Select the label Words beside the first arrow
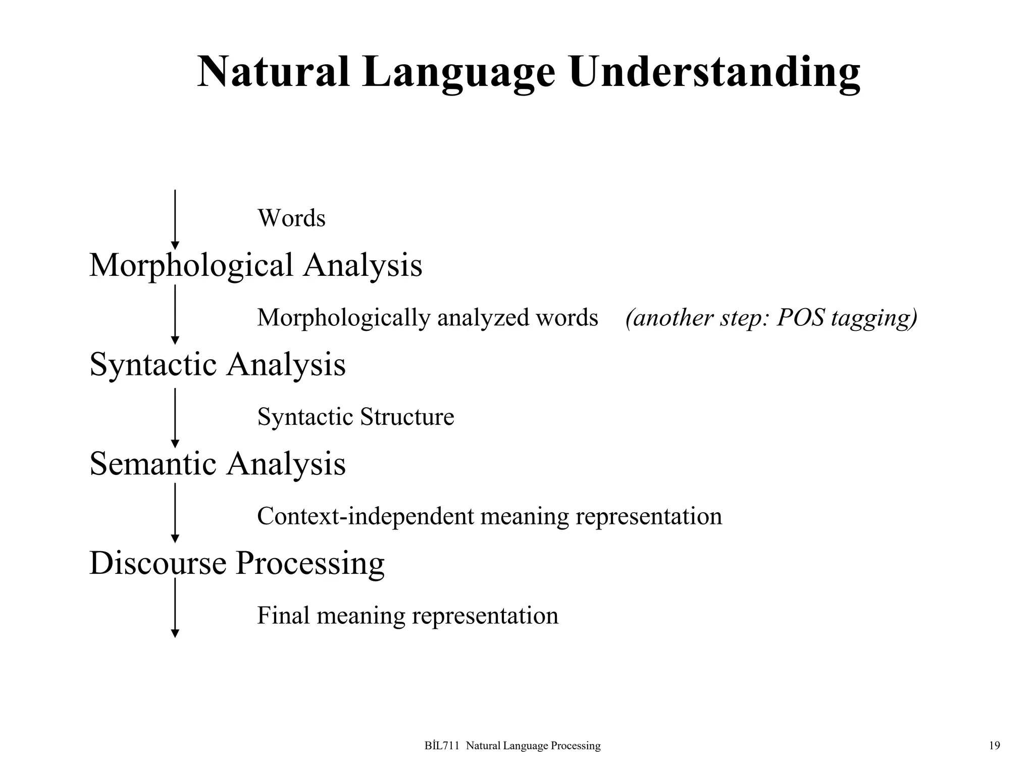click(291, 218)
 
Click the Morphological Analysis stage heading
click(255, 265)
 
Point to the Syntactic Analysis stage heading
click(218, 364)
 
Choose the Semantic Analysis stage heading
click(218, 463)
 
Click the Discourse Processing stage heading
click(237, 563)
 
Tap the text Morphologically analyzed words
click(427, 318)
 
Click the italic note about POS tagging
click(771, 318)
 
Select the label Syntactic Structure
click(355, 417)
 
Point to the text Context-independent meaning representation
click(489, 516)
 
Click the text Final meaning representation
click(407, 615)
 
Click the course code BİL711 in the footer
click(442, 746)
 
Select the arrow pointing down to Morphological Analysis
click(175, 220)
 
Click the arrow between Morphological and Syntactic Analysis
click(175, 314)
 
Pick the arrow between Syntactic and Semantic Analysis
click(175, 417)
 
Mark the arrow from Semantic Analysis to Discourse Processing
click(175, 512)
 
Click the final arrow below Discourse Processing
click(175, 607)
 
